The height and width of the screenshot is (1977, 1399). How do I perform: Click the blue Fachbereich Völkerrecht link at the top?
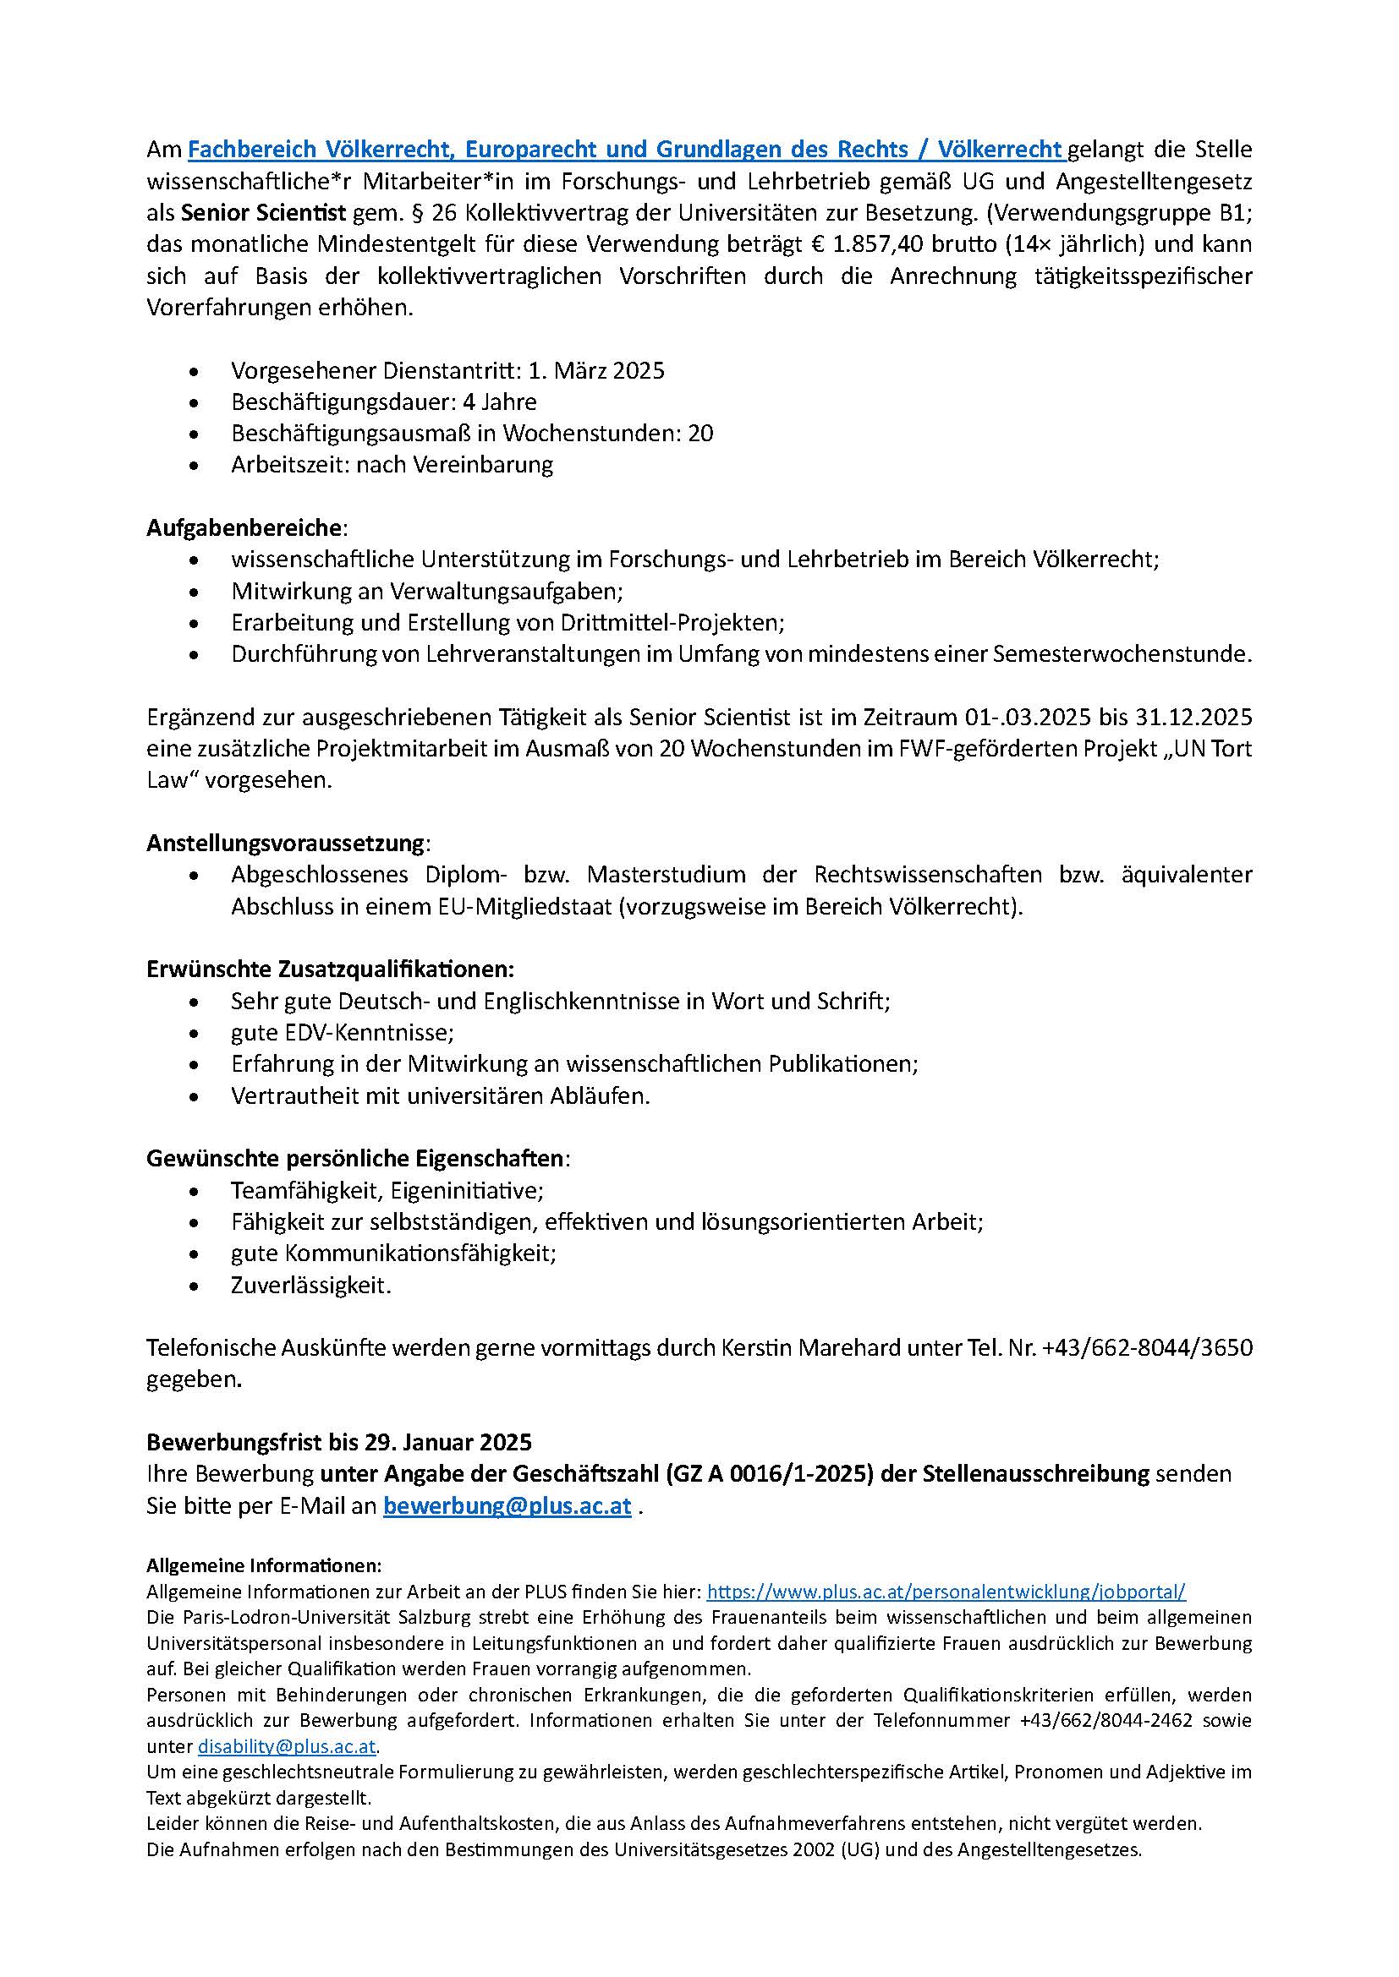[x=625, y=150]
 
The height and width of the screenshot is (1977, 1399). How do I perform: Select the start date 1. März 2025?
[x=596, y=371]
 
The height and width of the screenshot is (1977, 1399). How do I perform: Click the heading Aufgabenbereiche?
[x=244, y=527]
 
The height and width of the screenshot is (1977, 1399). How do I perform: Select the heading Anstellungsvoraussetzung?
[x=285, y=842]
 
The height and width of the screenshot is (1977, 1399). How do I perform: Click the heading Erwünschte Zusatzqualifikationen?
[x=330, y=969]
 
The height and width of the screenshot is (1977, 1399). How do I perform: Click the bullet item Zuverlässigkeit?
[x=310, y=1286]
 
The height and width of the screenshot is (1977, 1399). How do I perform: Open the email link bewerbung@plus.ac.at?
[x=507, y=1506]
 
